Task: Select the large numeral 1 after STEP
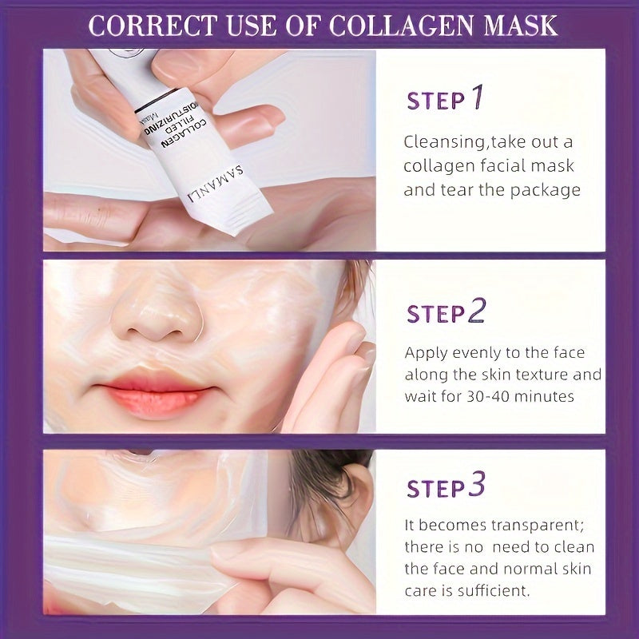tap(477, 97)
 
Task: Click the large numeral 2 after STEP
tap(477, 311)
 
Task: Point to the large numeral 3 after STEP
tap(477, 484)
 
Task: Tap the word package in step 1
tap(546, 191)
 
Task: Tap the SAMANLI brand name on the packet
tap(215, 184)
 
